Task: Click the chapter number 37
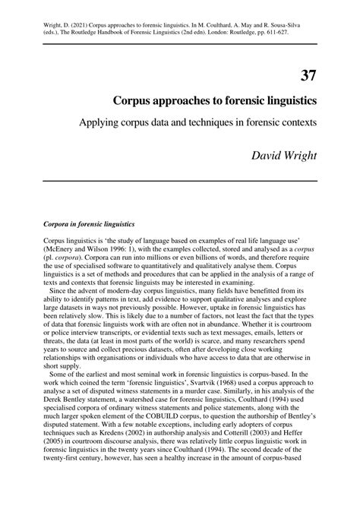coord(308,75)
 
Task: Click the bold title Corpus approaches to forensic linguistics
coord(216,100)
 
